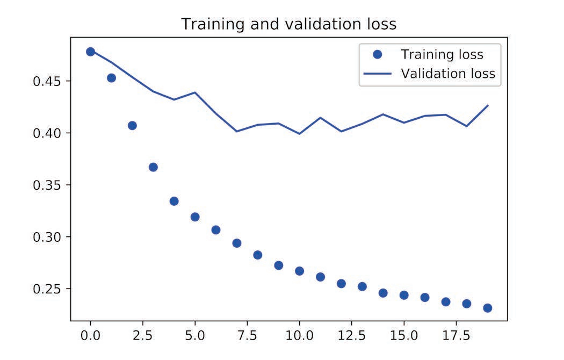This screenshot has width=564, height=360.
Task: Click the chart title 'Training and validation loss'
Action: tap(288, 24)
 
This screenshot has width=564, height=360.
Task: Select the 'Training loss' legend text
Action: tap(442, 54)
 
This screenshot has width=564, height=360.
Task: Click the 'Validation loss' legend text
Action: tap(447, 74)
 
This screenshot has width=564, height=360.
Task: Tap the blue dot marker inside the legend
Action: tap(377, 54)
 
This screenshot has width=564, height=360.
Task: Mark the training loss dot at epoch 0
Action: tap(90, 52)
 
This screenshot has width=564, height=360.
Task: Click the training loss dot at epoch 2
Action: tap(132, 126)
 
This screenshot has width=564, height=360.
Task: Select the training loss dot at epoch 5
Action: tap(195, 217)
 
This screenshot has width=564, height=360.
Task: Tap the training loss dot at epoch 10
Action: tap(299, 271)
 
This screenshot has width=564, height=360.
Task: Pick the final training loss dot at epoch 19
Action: tap(488, 308)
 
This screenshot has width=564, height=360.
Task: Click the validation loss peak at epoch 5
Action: tap(195, 92)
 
